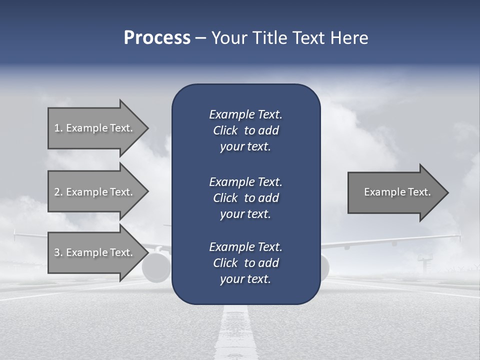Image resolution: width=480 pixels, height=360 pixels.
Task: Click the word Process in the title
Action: tap(157, 38)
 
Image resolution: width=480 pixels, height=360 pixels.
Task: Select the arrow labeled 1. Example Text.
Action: tap(95, 128)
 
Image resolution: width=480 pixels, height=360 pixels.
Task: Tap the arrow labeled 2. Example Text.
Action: tap(95, 192)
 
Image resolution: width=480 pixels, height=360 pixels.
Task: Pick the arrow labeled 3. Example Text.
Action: tap(95, 252)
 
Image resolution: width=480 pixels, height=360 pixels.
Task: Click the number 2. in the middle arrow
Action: tap(58, 192)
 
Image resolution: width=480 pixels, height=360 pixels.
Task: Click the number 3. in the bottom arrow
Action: tap(58, 252)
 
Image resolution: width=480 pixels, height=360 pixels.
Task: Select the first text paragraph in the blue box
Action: tap(245, 130)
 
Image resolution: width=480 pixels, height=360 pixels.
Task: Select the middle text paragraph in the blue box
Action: tap(245, 197)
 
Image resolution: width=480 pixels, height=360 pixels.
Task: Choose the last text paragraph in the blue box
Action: tap(245, 263)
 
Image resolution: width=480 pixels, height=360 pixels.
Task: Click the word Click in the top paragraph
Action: tap(225, 130)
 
